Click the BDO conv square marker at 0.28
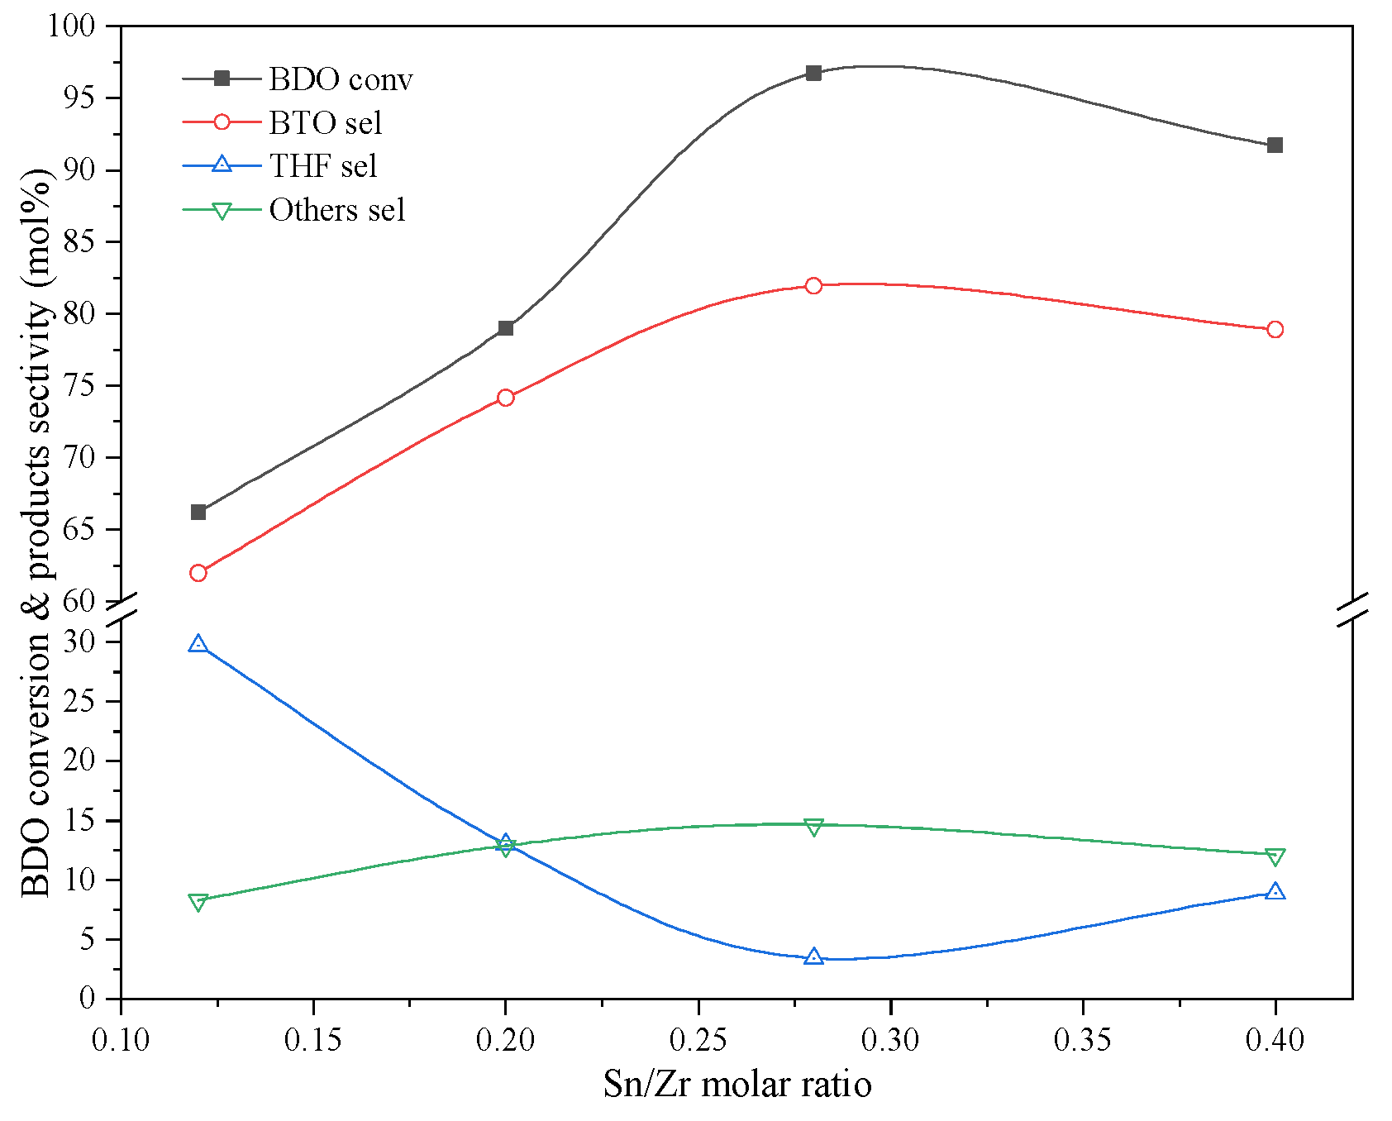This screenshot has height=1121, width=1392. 813,73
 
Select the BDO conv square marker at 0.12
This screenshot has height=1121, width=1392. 198,512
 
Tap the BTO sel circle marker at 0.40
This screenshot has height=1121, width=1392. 1275,329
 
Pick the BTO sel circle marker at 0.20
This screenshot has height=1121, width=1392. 506,398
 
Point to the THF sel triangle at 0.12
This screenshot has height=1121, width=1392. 198,644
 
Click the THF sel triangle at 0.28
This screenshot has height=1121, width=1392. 813,956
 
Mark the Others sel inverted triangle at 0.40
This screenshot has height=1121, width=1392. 1275,856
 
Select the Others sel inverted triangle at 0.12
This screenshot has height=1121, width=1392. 198,902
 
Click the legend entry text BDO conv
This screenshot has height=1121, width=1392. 341,79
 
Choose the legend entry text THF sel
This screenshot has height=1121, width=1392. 323,166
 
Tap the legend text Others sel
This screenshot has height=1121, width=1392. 337,210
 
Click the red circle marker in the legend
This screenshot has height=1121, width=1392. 222,122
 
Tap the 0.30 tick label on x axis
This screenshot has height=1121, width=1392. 890,1040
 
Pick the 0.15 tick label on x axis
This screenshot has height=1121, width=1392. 313,1040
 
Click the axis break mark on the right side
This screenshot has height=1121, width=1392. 1353,609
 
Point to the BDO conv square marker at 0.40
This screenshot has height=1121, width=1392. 1275,145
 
